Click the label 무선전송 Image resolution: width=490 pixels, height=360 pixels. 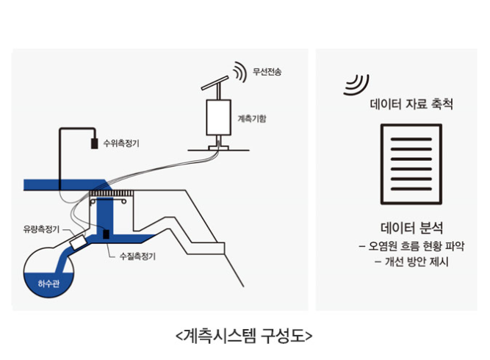267,71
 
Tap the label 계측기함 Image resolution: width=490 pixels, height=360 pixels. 252,118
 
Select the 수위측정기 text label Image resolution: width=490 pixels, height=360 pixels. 121,143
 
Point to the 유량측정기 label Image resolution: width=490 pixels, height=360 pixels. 41,229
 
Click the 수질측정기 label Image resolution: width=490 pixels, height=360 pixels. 137,256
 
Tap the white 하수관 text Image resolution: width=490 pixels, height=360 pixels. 48,284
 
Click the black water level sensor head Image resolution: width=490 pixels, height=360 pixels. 94,143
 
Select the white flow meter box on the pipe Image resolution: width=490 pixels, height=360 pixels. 78,242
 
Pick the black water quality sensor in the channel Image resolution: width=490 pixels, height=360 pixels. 107,234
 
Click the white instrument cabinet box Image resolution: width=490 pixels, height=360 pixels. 219,118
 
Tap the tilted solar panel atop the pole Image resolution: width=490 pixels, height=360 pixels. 215,83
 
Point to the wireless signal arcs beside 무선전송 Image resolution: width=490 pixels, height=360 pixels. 240,72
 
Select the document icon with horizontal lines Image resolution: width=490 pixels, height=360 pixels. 411,165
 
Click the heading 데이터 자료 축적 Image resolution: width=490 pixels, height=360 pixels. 411,104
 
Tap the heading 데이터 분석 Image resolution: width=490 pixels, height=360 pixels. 411,228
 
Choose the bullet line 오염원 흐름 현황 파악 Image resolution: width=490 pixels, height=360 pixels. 411,246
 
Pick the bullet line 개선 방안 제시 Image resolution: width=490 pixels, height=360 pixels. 411,262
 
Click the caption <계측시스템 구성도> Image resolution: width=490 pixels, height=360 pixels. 244,336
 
